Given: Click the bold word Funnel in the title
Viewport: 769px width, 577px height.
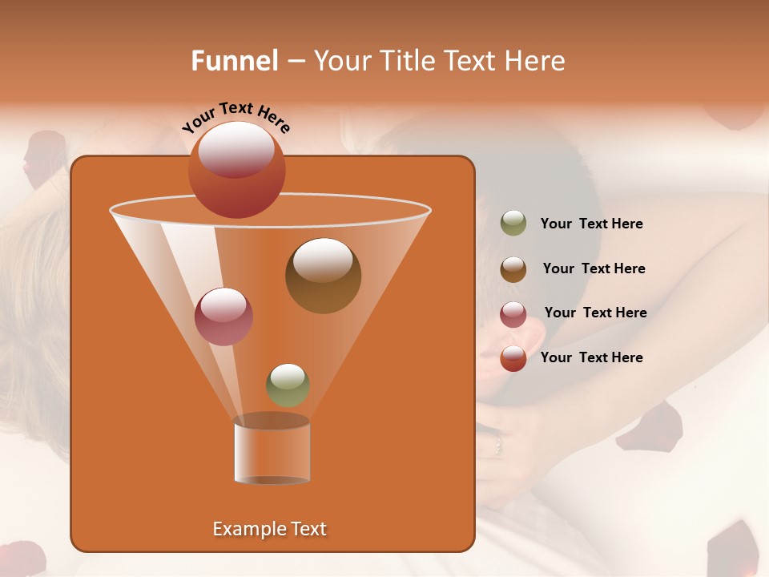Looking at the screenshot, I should (234, 61).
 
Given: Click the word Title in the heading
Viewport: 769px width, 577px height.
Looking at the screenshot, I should (407, 61).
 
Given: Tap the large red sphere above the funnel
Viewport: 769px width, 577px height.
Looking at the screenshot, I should (237, 169).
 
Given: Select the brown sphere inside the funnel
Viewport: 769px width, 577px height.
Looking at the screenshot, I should (323, 276).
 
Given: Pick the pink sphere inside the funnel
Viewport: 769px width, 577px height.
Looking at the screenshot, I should (223, 317).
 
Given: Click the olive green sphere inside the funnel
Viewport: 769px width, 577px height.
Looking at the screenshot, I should (288, 385).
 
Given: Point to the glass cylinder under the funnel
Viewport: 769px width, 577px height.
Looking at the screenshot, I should (272, 451).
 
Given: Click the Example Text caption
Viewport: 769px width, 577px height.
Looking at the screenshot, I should (269, 529).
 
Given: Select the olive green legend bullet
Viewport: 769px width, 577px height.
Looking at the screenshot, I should (513, 224).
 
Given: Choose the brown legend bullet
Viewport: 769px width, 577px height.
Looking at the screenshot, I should (513, 269).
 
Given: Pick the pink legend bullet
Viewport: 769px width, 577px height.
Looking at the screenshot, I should (513, 314).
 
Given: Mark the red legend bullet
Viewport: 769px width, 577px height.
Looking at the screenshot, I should (513, 358).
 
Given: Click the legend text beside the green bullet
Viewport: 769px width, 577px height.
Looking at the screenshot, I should (591, 224).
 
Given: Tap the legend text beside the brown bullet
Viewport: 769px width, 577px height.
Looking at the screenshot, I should (594, 269).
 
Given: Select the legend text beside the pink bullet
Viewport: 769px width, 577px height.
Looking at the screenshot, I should (595, 313).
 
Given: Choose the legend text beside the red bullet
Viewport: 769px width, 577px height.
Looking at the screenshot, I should (591, 357).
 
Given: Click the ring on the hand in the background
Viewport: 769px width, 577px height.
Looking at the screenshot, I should (498, 442).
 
